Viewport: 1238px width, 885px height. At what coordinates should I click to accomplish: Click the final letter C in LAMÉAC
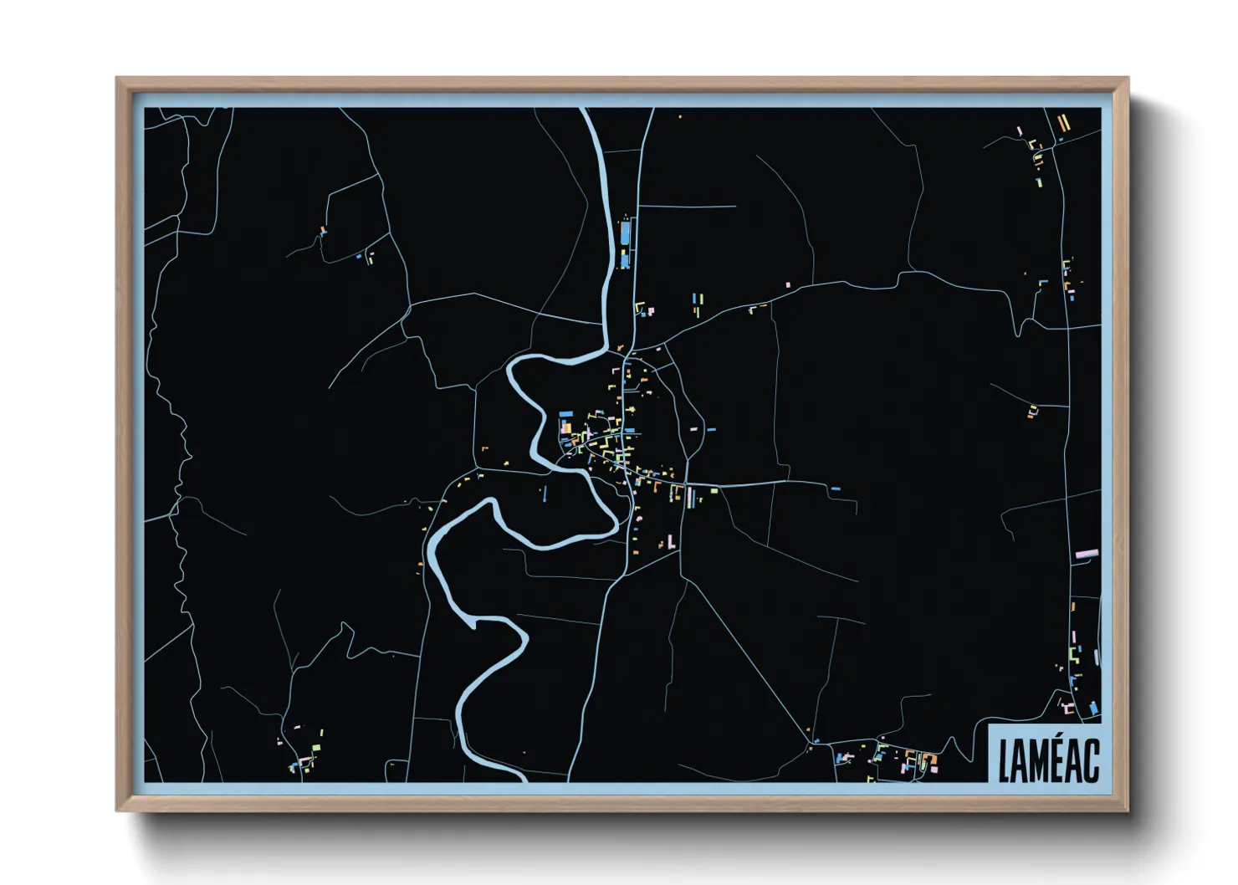point(1092,761)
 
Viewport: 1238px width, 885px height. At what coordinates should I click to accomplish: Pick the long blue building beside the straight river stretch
point(624,233)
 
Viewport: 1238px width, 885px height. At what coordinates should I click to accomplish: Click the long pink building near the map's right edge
point(1086,553)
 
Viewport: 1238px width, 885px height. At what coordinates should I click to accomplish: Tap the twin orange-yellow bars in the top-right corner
point(1062,123)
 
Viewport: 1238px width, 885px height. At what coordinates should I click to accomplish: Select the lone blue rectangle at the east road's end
point(835,489)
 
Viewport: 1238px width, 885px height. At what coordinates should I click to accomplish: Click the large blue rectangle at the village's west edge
point(566,414)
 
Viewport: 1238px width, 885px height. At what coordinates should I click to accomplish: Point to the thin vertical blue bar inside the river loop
point(545,494)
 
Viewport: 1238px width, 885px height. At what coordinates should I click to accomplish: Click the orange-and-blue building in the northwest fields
point(323,230)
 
